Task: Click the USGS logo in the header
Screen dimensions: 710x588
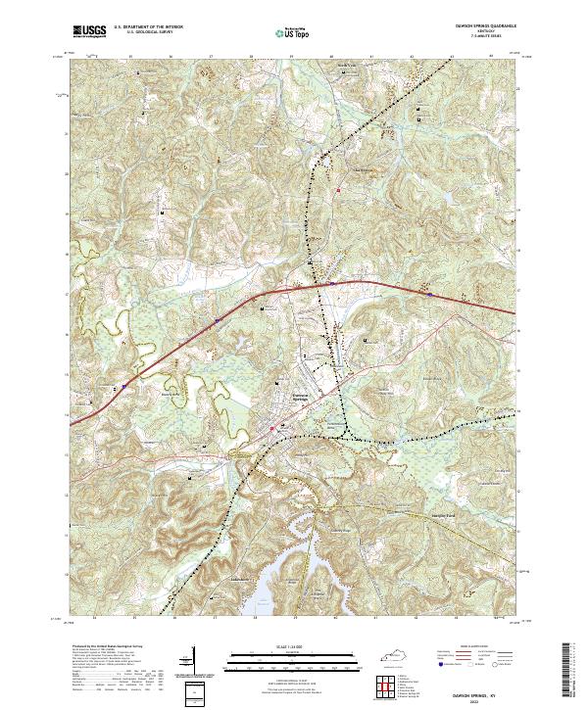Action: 89,32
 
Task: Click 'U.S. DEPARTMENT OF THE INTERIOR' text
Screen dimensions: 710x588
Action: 147,27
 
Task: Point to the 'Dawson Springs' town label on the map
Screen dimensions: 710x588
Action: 307,397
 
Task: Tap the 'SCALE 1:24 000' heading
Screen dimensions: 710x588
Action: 293,644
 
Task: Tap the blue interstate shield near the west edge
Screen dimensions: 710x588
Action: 217,319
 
